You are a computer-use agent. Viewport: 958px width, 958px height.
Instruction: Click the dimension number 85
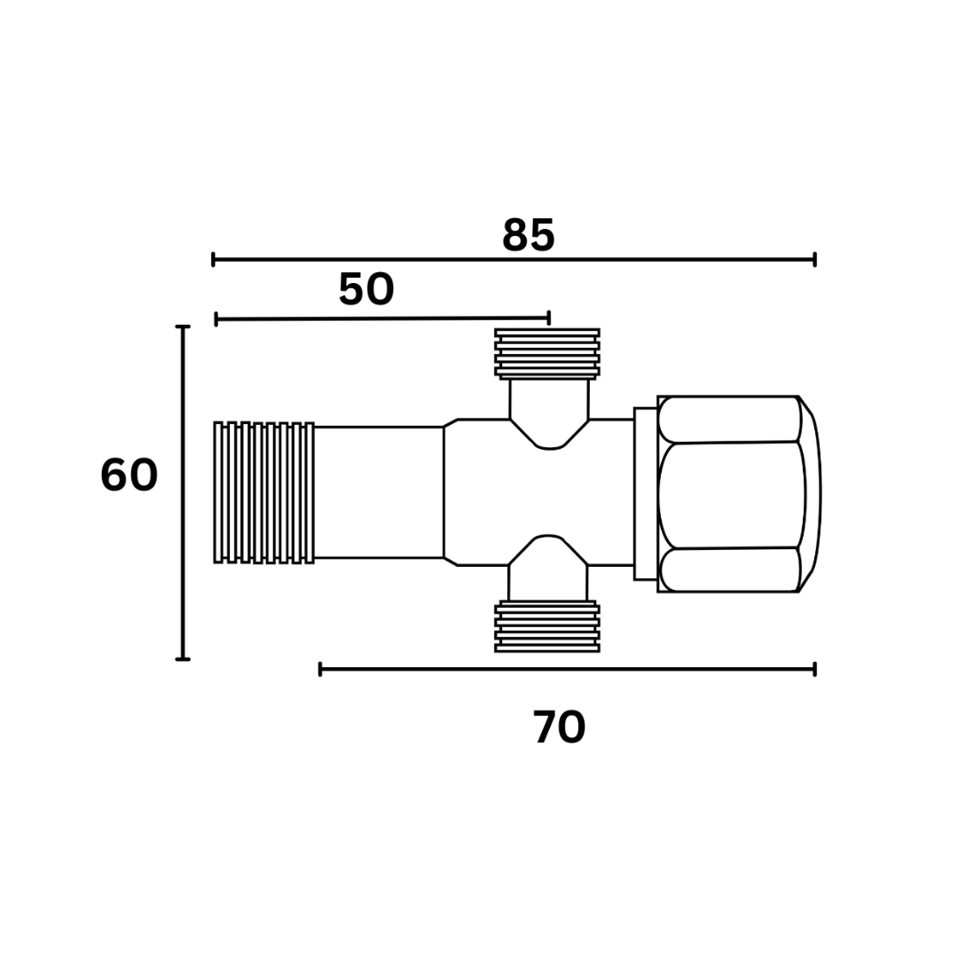tap(529, 235)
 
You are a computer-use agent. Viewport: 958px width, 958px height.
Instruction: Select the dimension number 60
tap(129, 475)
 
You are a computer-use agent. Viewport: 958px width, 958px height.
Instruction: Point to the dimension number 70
tap(559, 727)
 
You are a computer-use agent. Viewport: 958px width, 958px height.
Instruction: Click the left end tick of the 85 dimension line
tap(213, 260)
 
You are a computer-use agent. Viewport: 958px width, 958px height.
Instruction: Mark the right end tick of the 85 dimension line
tap(815, 260)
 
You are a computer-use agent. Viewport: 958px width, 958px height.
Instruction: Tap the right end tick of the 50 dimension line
tap(549, 318)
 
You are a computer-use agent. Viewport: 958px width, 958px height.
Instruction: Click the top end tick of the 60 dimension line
tap(183, 326)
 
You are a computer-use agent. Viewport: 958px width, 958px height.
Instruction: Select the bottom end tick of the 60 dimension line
tap(183, 659)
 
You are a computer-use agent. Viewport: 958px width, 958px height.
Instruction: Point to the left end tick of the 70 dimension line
tap(320, 670)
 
